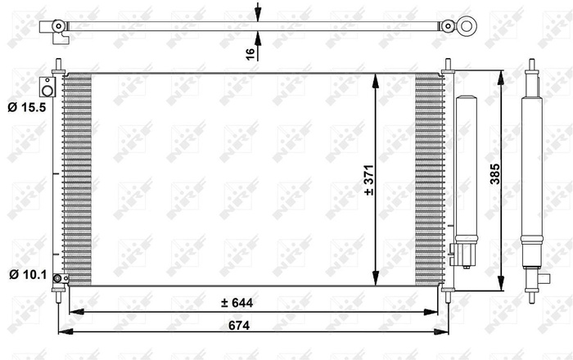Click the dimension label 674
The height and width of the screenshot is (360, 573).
pyautogui.click(x=237, y=325)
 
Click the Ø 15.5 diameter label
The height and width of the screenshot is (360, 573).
pyautogui.click(x=25, y=106)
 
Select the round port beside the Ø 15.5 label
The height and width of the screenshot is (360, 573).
pyautogui.click(x=47, y=84)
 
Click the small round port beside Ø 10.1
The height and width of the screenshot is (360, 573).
pyautogui.click(x=58, y=280)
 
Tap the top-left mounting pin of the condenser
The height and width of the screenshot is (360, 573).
pyautogui.click(x=59, y=66)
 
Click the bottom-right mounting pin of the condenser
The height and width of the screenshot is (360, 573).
pyautogui.click(x=448, y=295)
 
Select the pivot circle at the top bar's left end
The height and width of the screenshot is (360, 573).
pyautogui.click(x=58, y=26)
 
